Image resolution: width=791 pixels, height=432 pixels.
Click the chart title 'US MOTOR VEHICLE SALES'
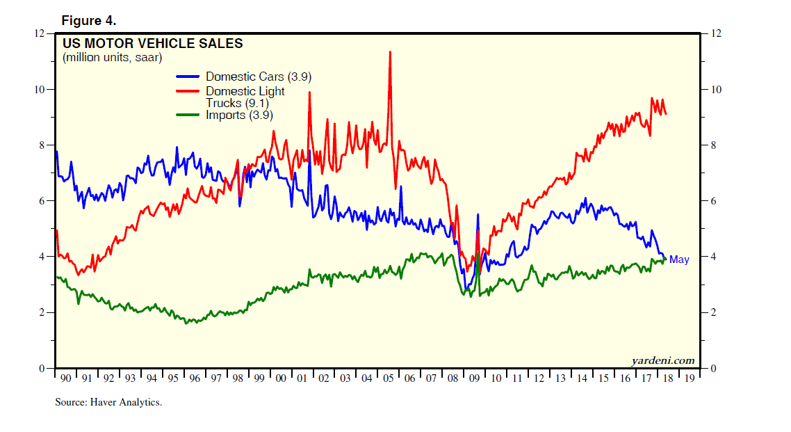[x=153, y=44]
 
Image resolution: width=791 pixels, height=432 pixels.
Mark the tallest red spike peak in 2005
[x=390, y=52]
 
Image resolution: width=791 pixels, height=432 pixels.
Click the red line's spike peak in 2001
[x=309, y=93]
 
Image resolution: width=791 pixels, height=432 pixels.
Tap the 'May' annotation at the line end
[x=679, y=259]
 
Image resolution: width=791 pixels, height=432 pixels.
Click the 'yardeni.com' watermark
[x=662, y=360]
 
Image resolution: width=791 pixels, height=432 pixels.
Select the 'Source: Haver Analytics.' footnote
[x=108, y=402]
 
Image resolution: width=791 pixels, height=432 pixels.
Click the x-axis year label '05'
[x=389, y=378]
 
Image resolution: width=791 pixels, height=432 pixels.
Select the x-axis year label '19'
[x=689, y=378]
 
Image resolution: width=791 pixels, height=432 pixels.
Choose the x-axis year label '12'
[x=539, y=378]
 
